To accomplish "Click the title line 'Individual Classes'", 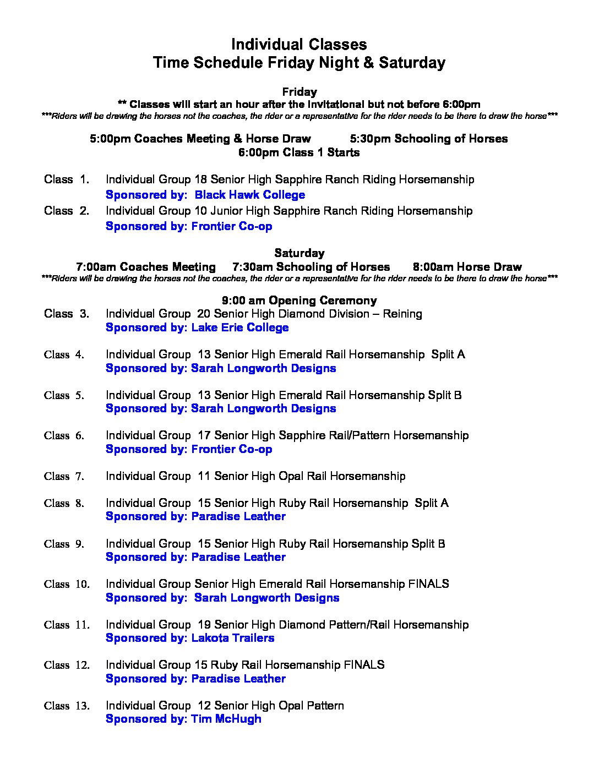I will click(299, 45).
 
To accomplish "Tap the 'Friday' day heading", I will click(299, 92).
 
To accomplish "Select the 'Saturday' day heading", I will click(299, 253).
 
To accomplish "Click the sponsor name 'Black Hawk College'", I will click(249, 195).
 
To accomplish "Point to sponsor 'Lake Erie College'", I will click(239, 328).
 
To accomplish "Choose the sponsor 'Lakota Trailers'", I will click(232, 638).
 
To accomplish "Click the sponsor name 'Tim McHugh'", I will click(226, 719).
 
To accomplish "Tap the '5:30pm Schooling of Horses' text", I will click(428, 139).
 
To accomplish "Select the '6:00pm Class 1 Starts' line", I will click(299, 152).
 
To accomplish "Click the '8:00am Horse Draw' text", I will click(467, 267).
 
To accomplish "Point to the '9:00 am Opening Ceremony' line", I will click(299, 301).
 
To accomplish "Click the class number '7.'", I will click(79, 477).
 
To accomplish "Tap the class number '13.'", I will click(82, 706).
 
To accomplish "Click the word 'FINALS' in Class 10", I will click(428, 584).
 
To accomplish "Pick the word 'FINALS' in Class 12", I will click(364, 665).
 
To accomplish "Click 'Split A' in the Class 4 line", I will click(448, 354).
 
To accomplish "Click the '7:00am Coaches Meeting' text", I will click(146, 267).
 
